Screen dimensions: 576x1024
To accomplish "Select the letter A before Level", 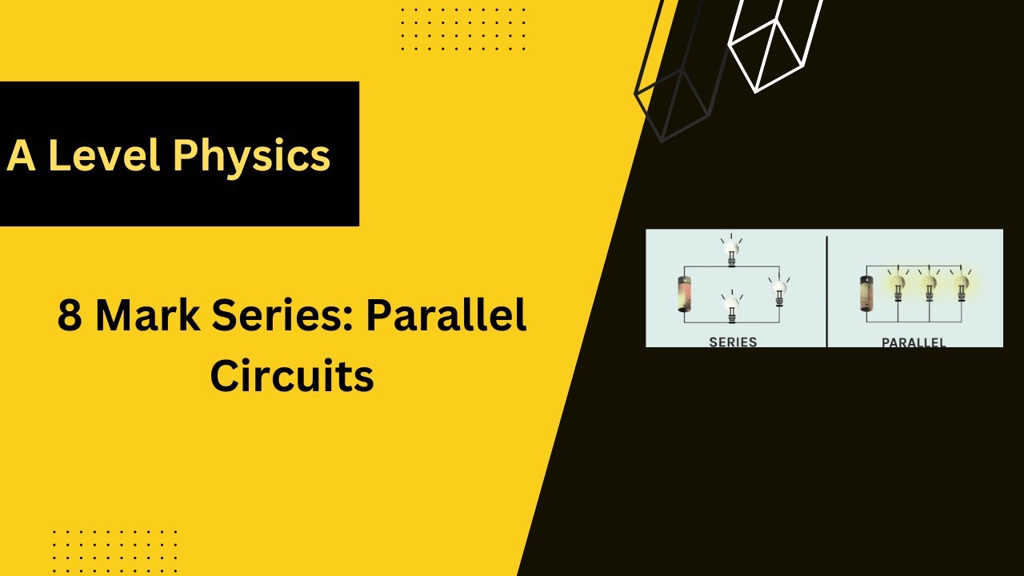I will (21, 155).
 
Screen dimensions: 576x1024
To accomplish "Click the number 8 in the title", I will (70, 316).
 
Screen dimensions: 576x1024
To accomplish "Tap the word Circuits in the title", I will (292, 375).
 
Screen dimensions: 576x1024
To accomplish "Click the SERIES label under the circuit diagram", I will (733, 342).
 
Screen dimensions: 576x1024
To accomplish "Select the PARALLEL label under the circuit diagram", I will (914, 342).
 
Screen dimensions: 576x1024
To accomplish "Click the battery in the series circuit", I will (685, 294).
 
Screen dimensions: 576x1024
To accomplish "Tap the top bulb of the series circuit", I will (730, 250).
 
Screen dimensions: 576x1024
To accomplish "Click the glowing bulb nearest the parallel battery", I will (898, 285).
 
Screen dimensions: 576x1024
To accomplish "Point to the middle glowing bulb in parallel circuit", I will (929, 285).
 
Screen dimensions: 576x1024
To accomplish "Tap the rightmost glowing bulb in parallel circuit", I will (961, 285).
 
